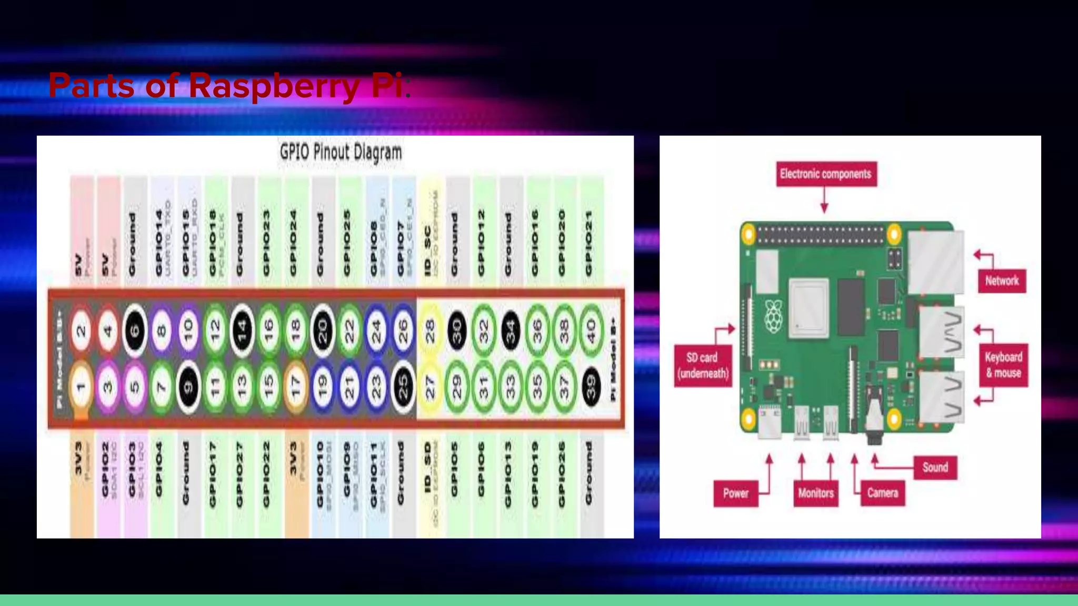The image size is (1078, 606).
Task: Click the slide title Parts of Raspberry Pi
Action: pyautogui.click(x=226, y=86)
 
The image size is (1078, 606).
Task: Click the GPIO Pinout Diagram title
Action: pyautogui.click(x=341, y=153)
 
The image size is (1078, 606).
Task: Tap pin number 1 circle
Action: pyautogui.click(x=81, y=387)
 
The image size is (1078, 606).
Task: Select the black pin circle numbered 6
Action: pyautogui.click(x=135, y=331)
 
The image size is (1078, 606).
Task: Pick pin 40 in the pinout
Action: pyautogui.click(x=591, y=331)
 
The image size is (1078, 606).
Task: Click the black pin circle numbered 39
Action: pyautogui.click(x=591, y=387)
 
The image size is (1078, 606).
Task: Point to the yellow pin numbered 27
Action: pyautogui.click(x=430, y=387)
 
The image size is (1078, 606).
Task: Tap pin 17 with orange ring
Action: pyautogui.click(x=296, y=387)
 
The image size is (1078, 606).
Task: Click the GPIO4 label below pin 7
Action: pyautogui.click(x=159, y=468)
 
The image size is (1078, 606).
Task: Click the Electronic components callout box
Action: pyautogui.click(x=825, y=174)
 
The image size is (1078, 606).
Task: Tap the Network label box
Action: pyautogui.click(x=1002, y=281)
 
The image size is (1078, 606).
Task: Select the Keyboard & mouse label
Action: pyautogui.click(x=1003, y=365)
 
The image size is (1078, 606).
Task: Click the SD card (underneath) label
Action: pyautogui.click(x=703, y=366)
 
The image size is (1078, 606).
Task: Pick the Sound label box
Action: pyautogui.click(x=935, y=467)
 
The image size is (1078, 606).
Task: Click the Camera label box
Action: pyautogui.click(x=883, y=493)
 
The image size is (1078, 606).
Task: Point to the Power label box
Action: pyautogui.click(x=735, y=493)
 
